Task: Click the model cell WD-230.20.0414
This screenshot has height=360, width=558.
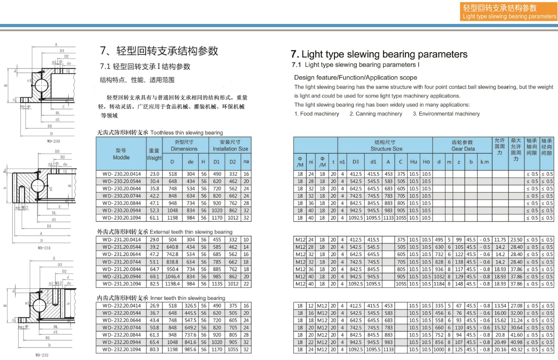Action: pos(121,174)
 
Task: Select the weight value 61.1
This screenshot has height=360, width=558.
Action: pos(154,218)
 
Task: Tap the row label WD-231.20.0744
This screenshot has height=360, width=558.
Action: pos(121,262)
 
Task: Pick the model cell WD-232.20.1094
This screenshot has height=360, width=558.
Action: pos(121,349)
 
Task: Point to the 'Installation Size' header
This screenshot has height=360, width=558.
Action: pos(230,149)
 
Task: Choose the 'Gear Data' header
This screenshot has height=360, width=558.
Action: pos(463,149)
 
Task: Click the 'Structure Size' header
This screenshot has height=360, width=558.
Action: pos(386,149)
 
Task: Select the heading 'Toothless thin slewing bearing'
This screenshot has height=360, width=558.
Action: pos(186,132)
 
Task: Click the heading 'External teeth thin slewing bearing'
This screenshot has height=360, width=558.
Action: pos(191,232)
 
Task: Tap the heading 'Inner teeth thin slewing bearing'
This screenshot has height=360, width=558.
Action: pos(188,298)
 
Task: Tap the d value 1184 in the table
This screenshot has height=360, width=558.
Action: pos(439,284)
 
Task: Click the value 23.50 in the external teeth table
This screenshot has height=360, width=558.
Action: pos(516,240)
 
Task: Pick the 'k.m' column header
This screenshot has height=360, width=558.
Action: pos(485,162)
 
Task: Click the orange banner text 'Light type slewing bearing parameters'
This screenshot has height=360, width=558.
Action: pos(509,16)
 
